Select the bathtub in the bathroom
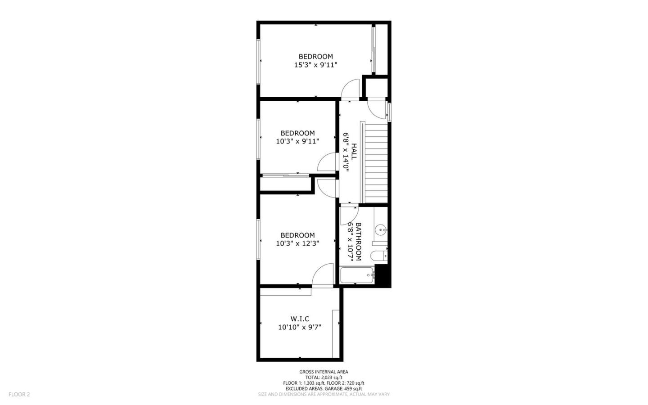(357, 275)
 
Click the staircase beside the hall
(375, 162)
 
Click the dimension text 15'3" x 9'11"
(315, 65)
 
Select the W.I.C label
(300, 319)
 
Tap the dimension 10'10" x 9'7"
(300, 327)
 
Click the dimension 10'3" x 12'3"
(297, 243)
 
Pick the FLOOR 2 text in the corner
(19, 394)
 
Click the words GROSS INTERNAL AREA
(324, 372)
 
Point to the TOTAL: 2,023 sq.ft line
(324, 378)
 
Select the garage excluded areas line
(324, 388)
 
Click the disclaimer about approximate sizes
(324, 394)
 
